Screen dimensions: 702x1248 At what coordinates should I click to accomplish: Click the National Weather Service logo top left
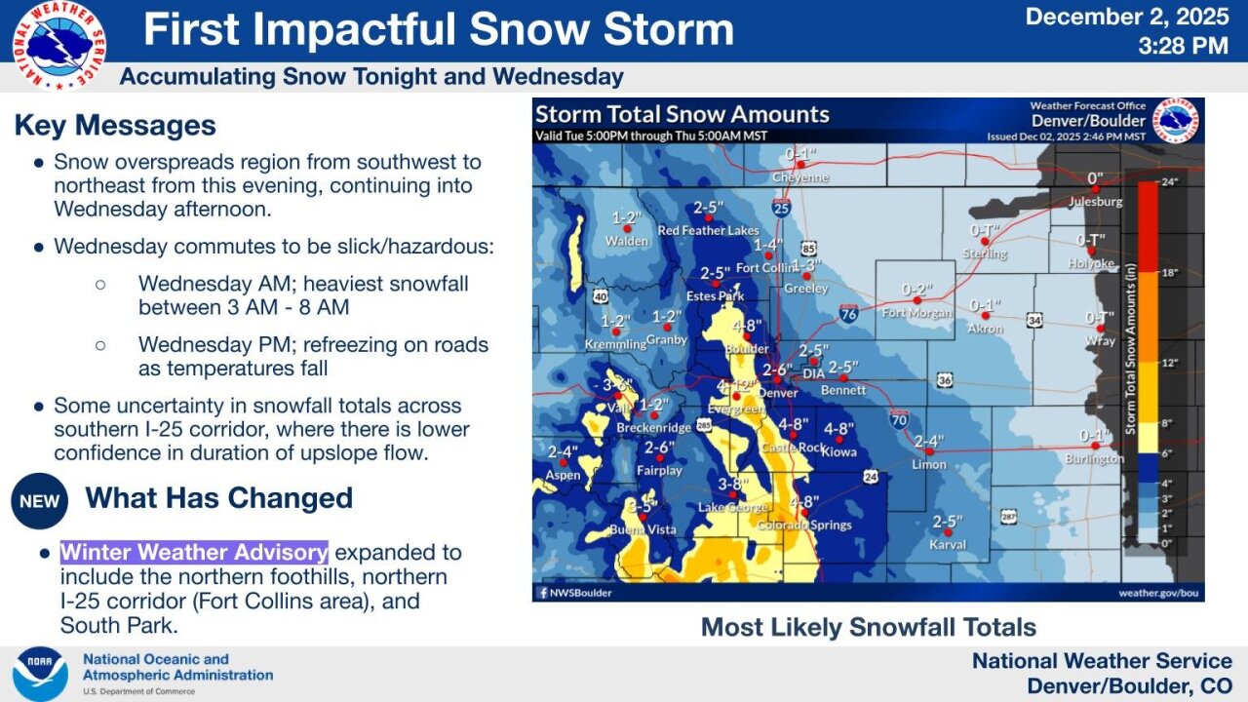pos(59,44)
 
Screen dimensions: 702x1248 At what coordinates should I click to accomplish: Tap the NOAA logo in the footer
pos(40,674)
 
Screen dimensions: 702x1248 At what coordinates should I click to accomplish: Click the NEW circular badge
pos(39,501)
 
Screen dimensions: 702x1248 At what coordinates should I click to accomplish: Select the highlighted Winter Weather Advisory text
pos(194,552)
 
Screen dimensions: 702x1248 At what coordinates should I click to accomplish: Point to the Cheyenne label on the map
pos(800,178)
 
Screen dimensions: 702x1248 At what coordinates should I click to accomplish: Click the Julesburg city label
pos(1095,202)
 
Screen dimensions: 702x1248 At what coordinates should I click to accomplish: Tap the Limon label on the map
pos(928,464)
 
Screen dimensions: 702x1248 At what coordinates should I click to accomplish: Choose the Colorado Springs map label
pos(804,525)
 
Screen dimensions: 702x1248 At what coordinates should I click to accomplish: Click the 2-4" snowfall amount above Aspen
pos(564,451)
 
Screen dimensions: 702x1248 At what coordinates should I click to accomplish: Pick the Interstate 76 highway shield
pos(848,313)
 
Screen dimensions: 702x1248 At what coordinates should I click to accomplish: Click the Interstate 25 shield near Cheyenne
pos(781,207)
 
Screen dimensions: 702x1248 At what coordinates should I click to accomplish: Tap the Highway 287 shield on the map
pos(1008,516)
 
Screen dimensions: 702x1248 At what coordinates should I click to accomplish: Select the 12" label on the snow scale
pos(1170,363)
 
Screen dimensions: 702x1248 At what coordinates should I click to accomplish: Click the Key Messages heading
pos(115,126)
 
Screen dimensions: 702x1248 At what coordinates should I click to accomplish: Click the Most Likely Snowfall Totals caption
pos(868,627)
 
